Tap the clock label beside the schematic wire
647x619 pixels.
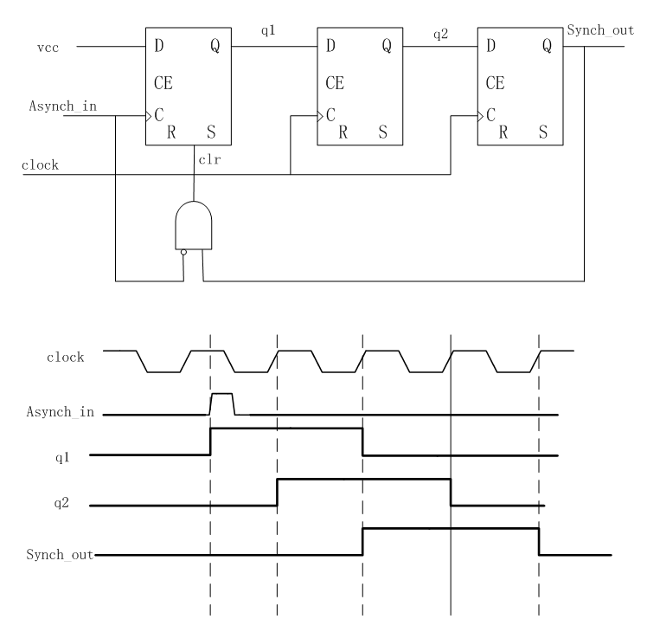click(x=41, y=165)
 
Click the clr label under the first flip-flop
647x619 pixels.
click(x=208, y=159)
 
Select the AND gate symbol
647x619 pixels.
click(x=193, y=228)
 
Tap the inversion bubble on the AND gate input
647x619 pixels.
click(x=183, y=255)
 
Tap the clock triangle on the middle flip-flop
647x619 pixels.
click(x=323, y=113)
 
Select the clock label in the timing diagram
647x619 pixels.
click(x=66, y=356)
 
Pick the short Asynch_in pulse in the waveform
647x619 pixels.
click(x=222, y=403)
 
